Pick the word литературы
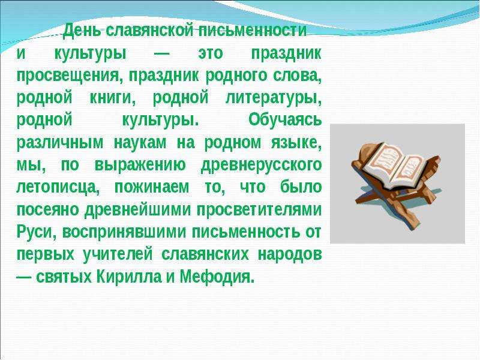[x=274, y=98]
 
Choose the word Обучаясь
[x=284, y=119]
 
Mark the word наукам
[x=140, y=143]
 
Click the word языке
[x=296, y=143]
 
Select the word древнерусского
[x=261, y=166]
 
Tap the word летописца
[x=58, y=188]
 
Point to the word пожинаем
[x=152, y=188]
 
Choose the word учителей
[x=117, y=254]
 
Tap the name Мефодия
[x=217, y=277]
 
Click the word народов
[x=290, y=254]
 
